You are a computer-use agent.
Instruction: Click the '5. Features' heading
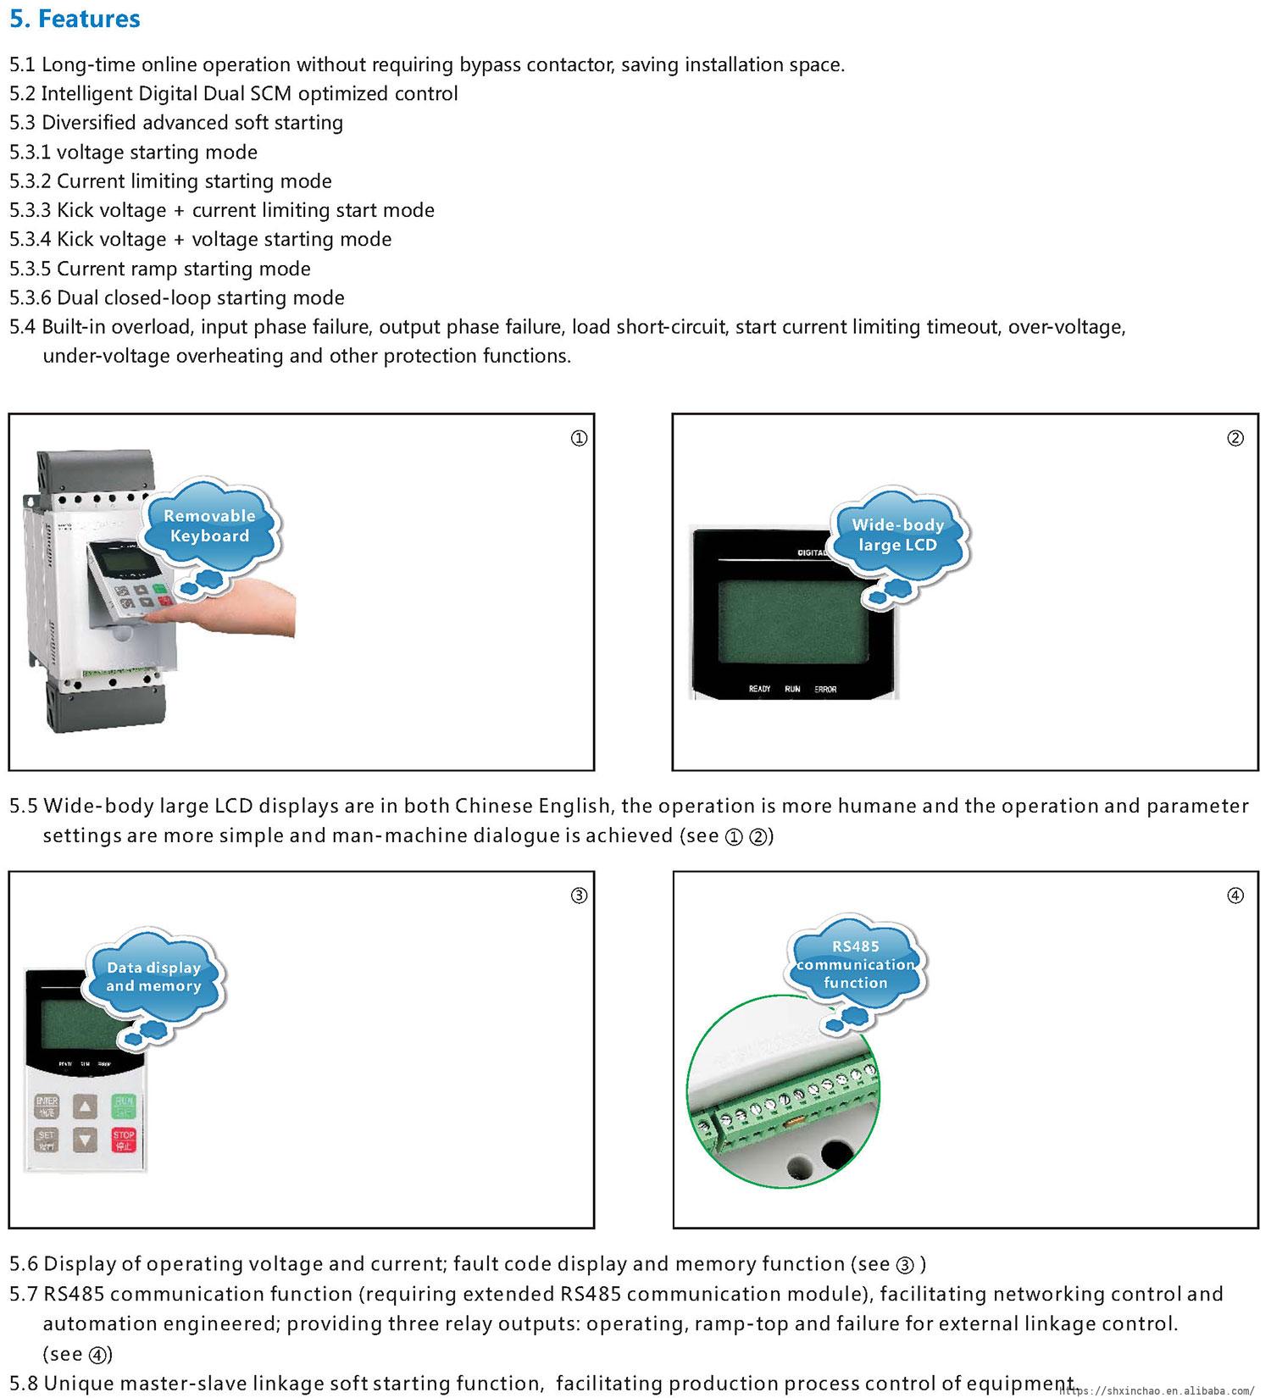[x=75, y=19]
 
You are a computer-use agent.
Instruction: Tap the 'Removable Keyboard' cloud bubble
[x=208, y=525]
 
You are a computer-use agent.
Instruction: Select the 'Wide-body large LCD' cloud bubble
[x=897, y=535]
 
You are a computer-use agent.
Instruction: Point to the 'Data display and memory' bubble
[x=153, y=976]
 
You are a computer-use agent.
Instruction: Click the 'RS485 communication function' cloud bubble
[x=855, y=964]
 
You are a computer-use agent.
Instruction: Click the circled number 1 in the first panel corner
[x=579, y=438]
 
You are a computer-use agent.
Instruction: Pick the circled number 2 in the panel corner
[x=1235, y=438]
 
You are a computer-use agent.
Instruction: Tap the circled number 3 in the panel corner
[x=579, y=896]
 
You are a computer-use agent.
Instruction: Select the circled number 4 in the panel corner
[x=1235, y=896]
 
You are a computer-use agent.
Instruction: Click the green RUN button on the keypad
[x=124, y=1106]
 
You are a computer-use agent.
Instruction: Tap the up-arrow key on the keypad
[x=85, y=1106]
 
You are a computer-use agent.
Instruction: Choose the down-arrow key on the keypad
[x=85, y=1140]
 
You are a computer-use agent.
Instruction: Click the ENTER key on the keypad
[x=47, y=1106]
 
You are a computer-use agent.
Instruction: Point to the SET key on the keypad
[x=47, y=1140]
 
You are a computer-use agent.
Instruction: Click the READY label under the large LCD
[x=759, y=689]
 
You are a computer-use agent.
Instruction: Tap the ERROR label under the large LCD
[x=825, y=689]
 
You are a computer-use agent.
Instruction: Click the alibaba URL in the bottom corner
[x=1157, y=1390]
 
